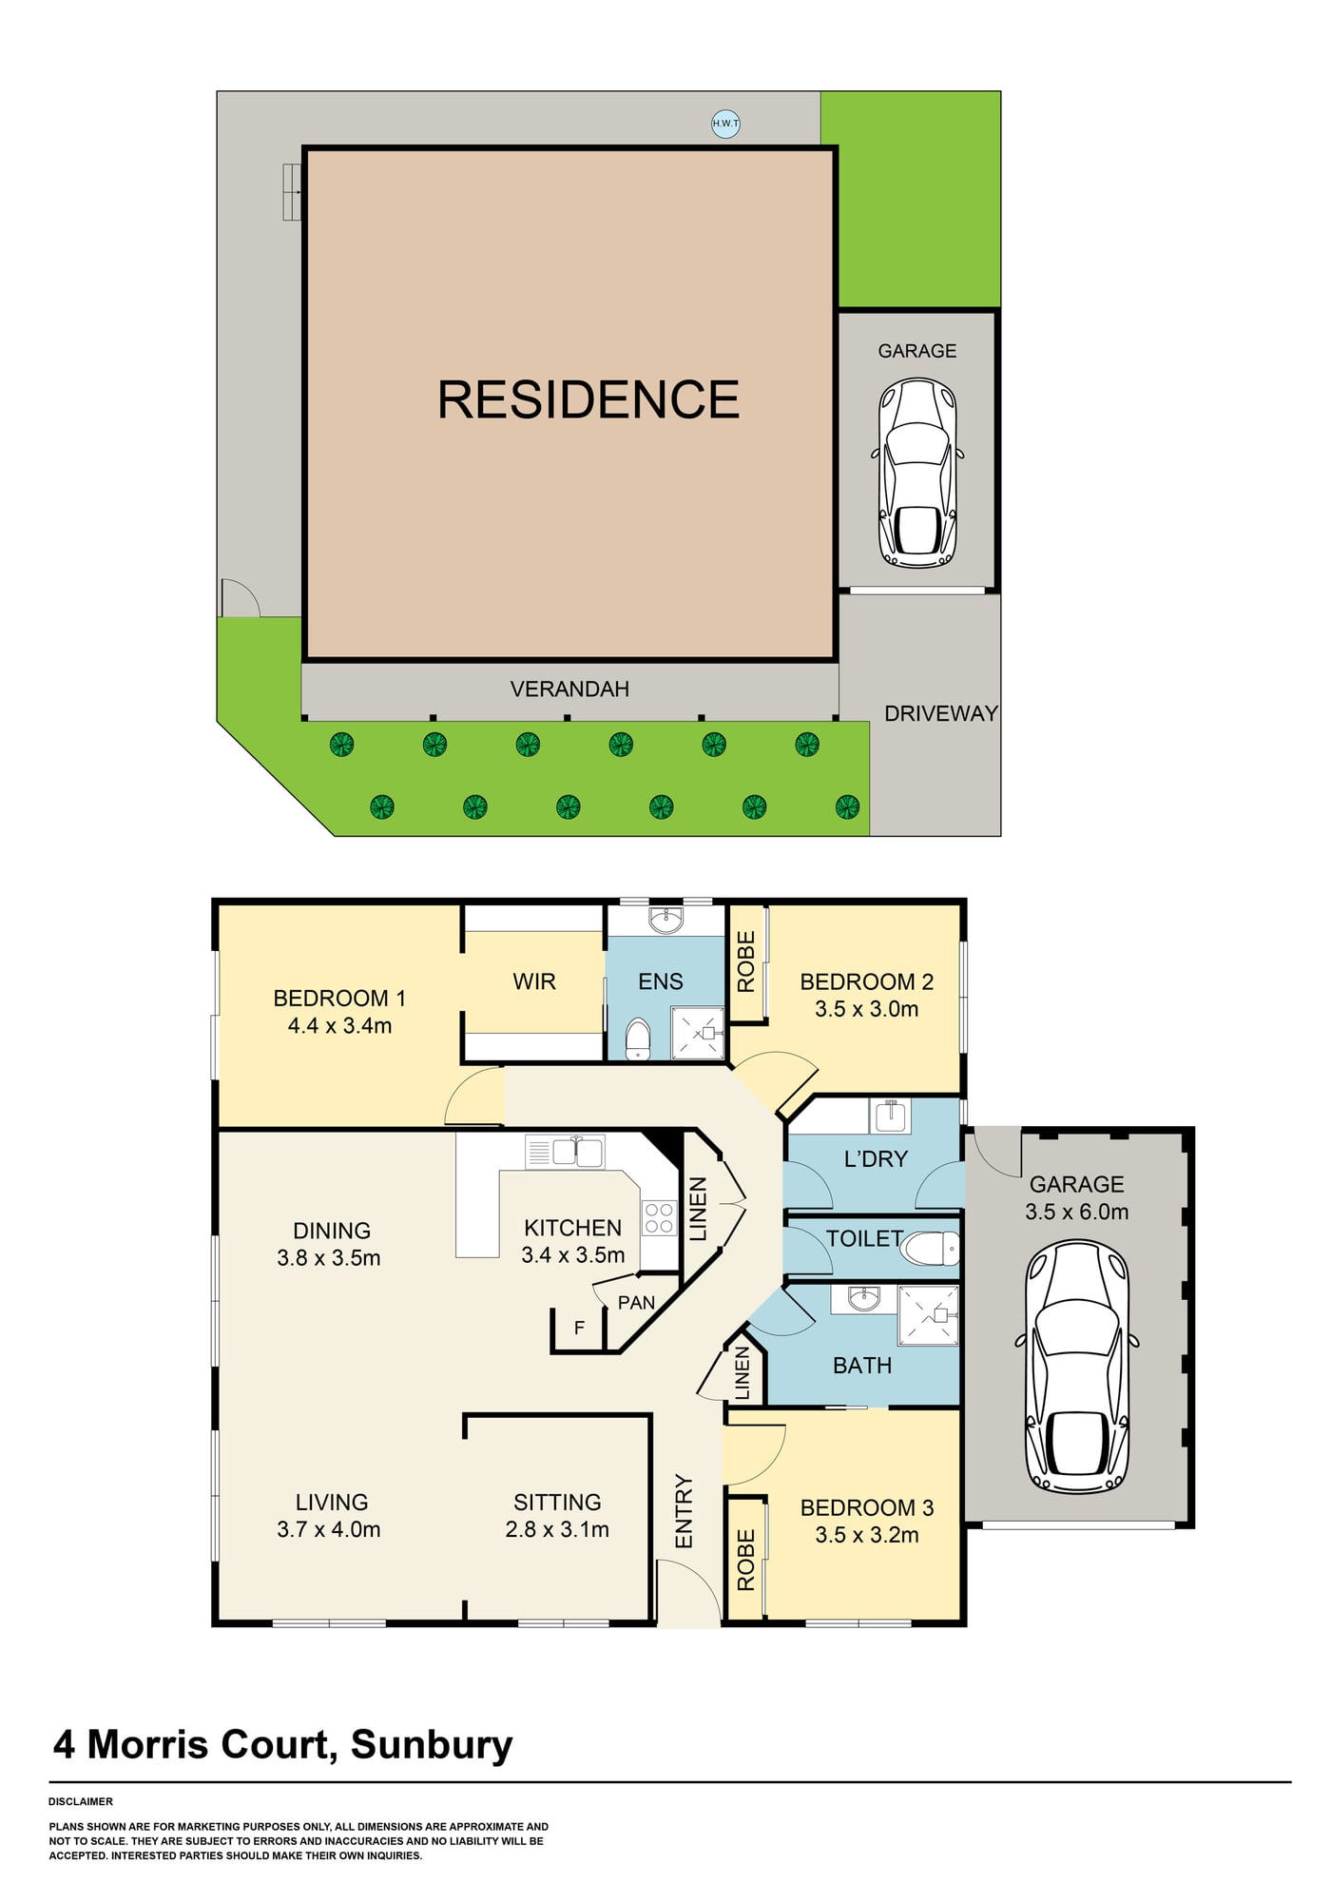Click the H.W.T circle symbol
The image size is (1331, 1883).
725,124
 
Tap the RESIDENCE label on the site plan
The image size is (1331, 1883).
588,399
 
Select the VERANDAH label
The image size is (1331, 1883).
569,689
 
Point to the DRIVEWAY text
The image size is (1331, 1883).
941,713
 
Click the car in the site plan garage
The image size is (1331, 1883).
917,473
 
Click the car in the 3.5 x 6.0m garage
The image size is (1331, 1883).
1077,1367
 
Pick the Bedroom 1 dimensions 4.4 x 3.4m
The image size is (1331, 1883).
339,1025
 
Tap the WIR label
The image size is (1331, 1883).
534,981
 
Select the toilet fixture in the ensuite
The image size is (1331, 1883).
638,1039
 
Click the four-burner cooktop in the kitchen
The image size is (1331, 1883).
659,1218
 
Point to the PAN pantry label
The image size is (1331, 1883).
636,1302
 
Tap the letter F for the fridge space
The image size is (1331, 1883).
579,1328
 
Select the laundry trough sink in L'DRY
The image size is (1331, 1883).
890,1115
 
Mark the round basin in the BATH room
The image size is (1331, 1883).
863,1298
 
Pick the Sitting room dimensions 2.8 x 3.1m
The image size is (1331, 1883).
557,1529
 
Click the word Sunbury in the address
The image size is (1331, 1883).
432,1744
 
